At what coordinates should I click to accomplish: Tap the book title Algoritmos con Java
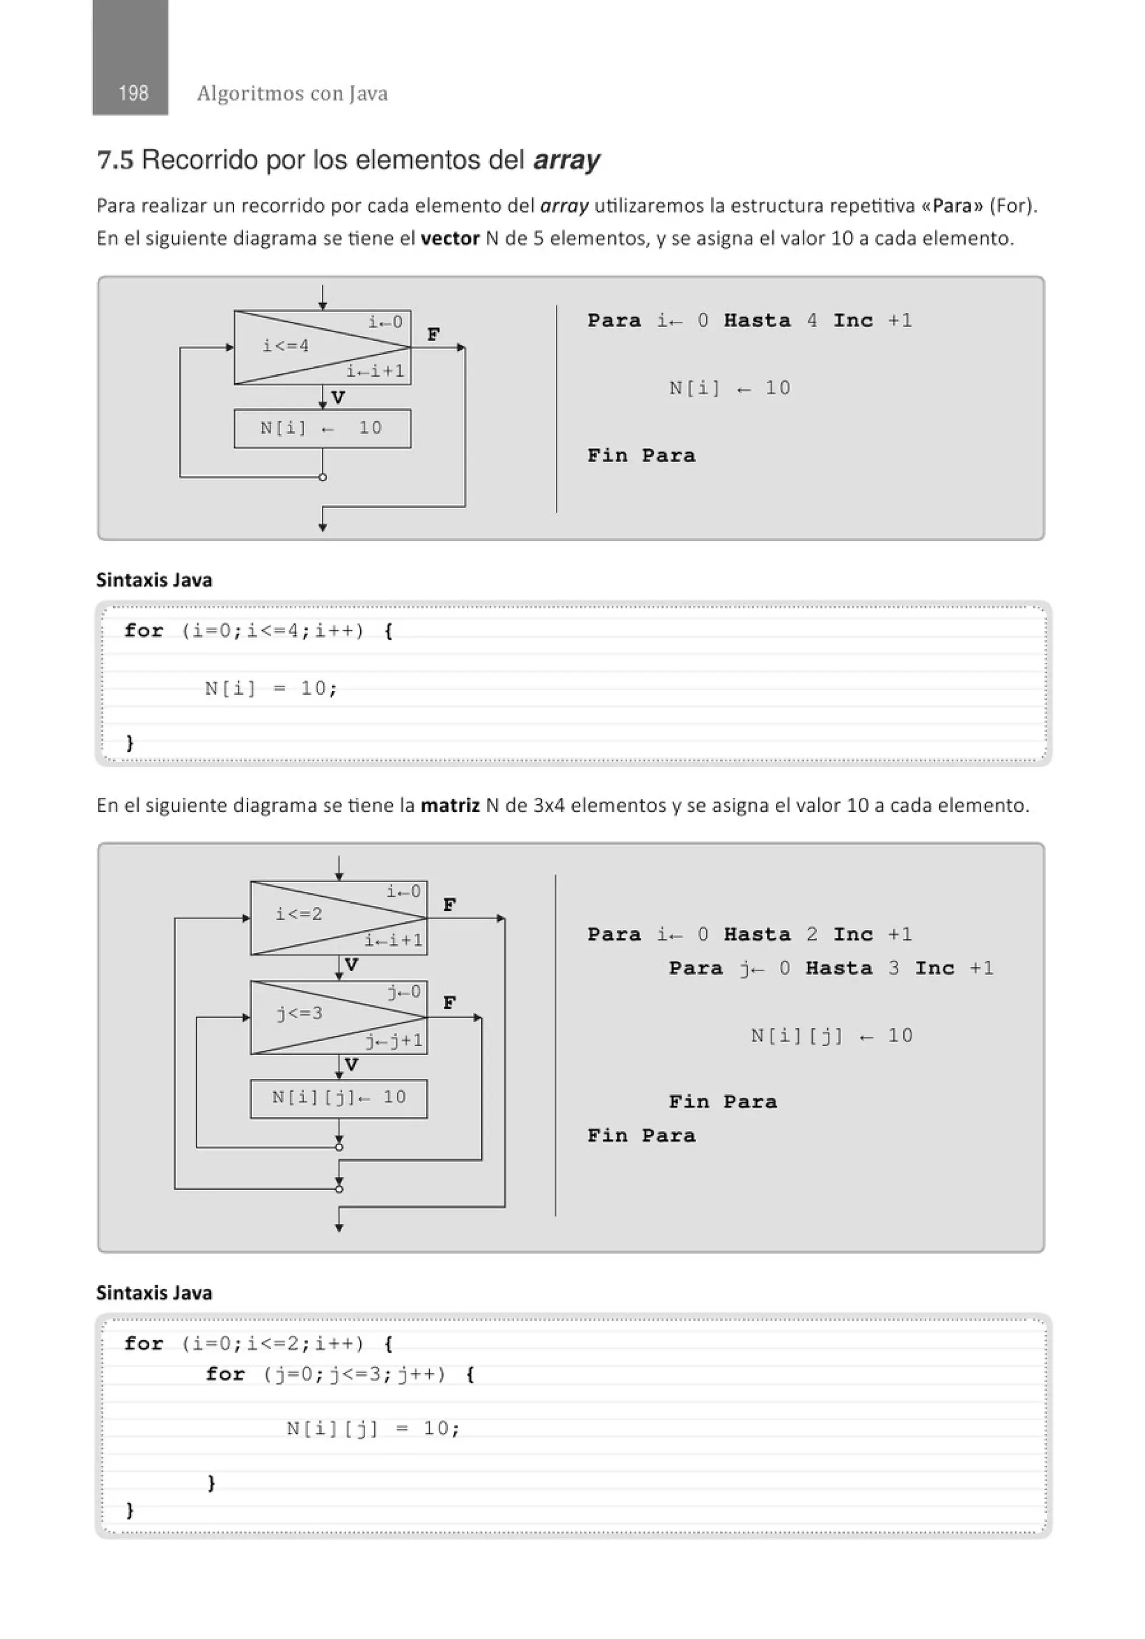point(292,93)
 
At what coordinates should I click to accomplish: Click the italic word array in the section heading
point(566,160)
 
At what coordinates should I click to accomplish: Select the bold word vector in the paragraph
point(450,238)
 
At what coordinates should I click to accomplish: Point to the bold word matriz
point(450,805)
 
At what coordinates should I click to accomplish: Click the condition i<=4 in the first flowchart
point(286,346)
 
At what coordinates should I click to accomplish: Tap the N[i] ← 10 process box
point(322,428)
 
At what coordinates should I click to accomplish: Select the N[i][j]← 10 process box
point(338,1098)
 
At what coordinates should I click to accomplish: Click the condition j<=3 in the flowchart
point(300,1013)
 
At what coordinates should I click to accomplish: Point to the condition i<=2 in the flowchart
point(299,914)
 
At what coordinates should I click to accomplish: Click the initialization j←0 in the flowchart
point(404,991)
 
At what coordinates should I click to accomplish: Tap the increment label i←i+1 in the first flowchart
point(376,371)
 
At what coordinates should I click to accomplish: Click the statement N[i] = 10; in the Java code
point(271,689)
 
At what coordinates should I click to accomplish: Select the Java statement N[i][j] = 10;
point(373,1428)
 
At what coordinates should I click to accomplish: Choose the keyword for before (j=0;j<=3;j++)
point(225,1374)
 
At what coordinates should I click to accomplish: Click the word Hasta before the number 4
point(756,320)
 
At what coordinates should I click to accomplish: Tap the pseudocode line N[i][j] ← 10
point(831,1036)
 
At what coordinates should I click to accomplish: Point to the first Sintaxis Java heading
point(154,580)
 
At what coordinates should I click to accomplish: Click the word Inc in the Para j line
point(934,969)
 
